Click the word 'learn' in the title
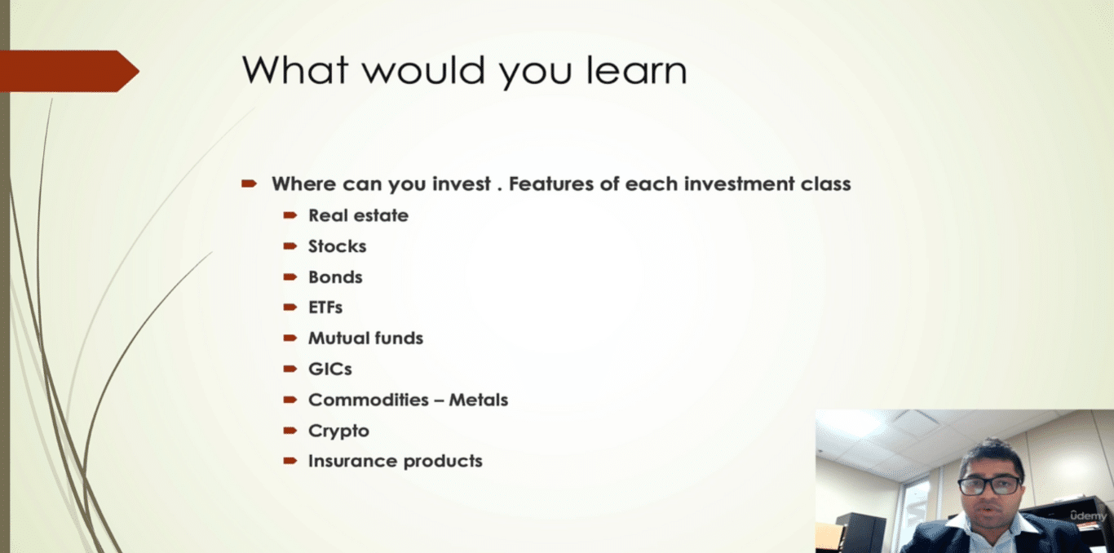click(637, 70)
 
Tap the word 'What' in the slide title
click(295, 70)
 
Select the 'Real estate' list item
click(358, 215)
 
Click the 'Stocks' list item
click(337, 246)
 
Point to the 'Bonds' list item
click(335, 277)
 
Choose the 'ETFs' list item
click(325, 307)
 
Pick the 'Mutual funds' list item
click(365, 338)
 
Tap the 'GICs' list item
click(329, 369)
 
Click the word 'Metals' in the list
click(479, 400)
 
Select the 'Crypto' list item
click(338, 431)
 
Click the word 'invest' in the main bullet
click(462, 184)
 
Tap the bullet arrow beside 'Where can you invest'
click(250, 184)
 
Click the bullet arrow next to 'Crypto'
click(290, 431)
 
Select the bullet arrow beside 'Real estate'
click(290, 215)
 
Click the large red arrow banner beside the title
click(69, 71)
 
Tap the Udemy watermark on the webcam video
click(1088, 515)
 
